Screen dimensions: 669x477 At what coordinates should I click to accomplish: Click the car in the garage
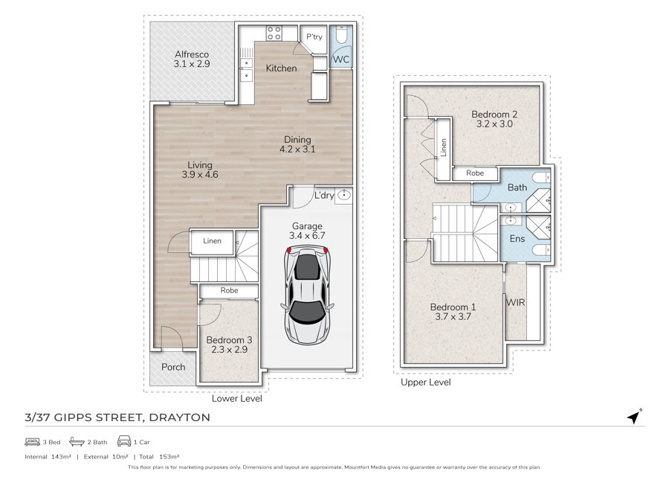(x=307, y=295)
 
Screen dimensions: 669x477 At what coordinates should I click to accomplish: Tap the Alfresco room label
(x=192, y=54)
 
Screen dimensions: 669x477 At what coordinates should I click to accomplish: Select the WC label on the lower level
(x=340, y=60)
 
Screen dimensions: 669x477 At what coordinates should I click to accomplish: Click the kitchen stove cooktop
(x=274, y=33)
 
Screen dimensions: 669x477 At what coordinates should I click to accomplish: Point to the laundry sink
(x=343, y=195)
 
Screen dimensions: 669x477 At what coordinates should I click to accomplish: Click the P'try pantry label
(x=314, y=36)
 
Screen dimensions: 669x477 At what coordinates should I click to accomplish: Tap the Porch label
(x=173, y=367)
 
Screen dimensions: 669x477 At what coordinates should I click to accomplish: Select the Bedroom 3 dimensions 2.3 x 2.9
(x=229, y=349)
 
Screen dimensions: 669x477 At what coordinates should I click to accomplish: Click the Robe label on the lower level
(x=229, y=290)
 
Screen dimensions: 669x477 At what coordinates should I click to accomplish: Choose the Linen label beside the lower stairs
(x=212, y=241)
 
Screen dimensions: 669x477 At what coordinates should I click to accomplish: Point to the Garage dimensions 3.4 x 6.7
(x=307, y=235)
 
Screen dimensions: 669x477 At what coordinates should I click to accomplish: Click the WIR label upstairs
(x=515, y=302)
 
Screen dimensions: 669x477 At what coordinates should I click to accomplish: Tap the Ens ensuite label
(x=517, y=238)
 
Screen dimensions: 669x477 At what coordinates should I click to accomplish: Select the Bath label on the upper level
(x=517, y=188)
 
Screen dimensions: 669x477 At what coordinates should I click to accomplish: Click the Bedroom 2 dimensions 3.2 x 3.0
(x=494, y=124)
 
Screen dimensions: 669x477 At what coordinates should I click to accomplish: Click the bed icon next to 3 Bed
(x=33, y=442)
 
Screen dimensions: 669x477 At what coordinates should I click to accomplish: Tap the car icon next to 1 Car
(x=124, y=441)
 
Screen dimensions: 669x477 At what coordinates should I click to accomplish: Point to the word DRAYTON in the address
(x=179, y=417)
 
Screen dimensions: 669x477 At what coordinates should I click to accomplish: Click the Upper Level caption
(x=425, y=382)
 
